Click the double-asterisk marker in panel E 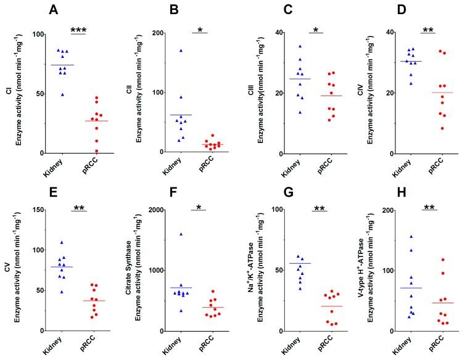pos(78,209)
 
